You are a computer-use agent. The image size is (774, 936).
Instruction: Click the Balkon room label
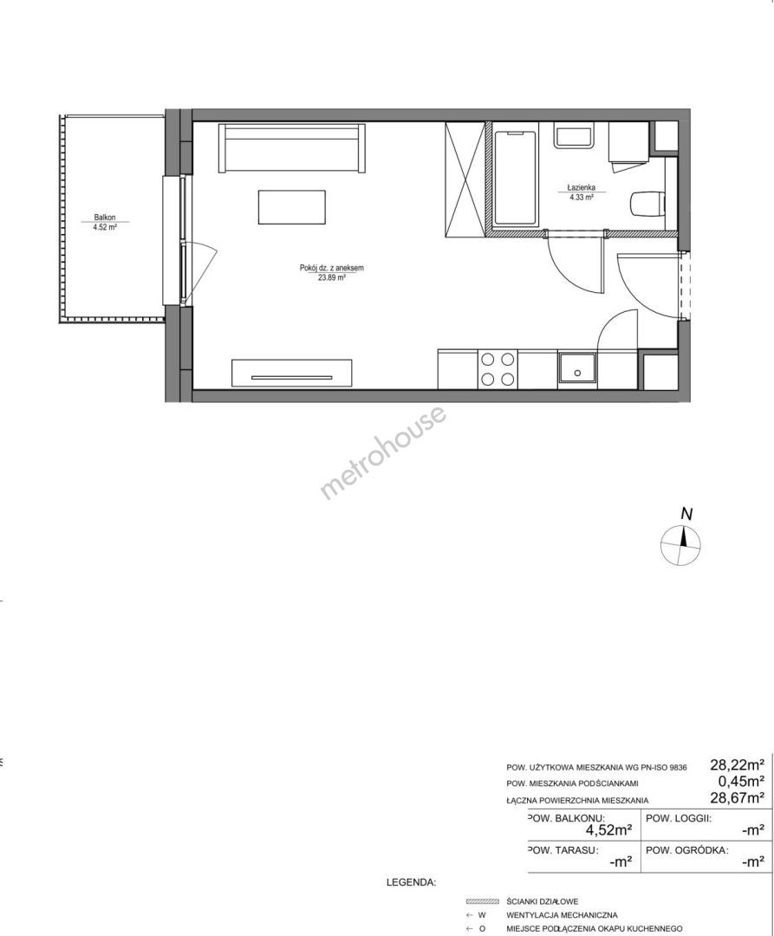(x=104, y=218)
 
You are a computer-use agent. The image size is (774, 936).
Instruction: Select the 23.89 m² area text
(x=331, y=277)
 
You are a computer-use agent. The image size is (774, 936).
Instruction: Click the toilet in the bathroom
(x=647, y=203)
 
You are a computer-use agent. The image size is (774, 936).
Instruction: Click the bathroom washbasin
(x=574, y=135)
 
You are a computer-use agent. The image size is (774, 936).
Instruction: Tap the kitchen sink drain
(x=577, y=373)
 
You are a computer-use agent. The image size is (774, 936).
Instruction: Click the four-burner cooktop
(x=498, y=369)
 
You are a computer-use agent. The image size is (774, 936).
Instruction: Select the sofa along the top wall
(x=291, y=147)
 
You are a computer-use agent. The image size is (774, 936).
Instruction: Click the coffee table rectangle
(x=292, y=207)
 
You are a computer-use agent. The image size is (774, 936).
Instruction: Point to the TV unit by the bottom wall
(x=291, y=374)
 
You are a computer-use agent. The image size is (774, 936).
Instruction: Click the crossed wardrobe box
(x=465, y=179)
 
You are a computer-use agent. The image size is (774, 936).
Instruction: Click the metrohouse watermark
(x=383, y=452)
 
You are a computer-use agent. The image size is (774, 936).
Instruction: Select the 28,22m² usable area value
(x=737, y=764)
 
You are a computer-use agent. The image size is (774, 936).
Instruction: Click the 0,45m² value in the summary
(x=741, y=782)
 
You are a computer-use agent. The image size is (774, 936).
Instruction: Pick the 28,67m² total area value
(x=737, y=797)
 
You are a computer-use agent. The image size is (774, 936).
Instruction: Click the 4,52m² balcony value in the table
(x=608, y=829)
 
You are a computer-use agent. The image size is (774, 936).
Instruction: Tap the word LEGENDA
(x=412, y=882)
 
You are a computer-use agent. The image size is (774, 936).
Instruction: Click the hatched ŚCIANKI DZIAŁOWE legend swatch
(x=482, y=901)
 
